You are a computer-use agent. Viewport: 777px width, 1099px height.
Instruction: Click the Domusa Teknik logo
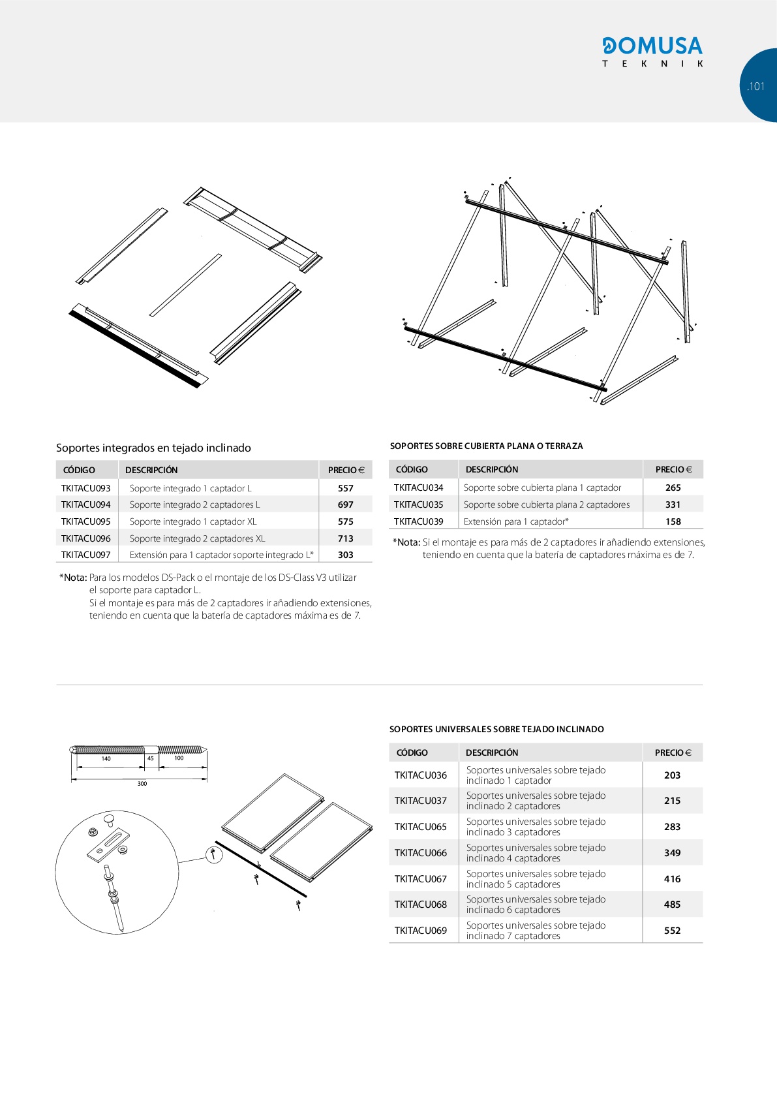click(x=652, y=52)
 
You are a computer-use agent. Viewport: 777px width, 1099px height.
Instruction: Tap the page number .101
click(x=755, y=86)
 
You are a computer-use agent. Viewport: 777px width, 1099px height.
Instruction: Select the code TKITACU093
click(x=86, y=488)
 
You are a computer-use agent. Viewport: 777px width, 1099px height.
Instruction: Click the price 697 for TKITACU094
click(x=346, y=504)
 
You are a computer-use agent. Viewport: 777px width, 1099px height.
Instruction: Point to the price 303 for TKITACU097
click(x=346, y=555)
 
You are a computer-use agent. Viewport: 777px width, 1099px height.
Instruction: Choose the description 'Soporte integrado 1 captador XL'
click(x=193, y=521)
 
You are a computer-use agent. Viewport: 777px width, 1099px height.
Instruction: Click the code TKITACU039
click(x=419, y=521)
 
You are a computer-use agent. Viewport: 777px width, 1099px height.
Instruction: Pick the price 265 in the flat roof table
click(x=673, y=488)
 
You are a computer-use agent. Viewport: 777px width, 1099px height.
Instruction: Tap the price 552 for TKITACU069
click(x=673, y=931)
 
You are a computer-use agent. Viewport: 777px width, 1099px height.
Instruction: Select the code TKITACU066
click(x=421, y=853)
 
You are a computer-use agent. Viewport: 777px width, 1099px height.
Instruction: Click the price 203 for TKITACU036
click(x=673, y=775)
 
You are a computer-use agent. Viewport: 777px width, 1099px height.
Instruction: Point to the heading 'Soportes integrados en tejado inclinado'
click(x=153, y=448)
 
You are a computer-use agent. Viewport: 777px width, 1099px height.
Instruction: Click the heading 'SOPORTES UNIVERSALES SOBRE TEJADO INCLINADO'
click(x=496, y=729)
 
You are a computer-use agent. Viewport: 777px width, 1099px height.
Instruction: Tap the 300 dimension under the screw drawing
click(x=142, y=783)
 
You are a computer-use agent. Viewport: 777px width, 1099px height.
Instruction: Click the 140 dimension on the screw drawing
click(x=106, y=759)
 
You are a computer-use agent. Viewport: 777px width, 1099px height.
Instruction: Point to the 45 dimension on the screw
click(x=151, y=758)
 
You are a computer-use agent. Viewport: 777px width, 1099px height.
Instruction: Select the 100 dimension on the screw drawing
click(x=179, y=758)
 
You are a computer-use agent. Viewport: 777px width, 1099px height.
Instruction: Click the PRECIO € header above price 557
click(x=346, y=470)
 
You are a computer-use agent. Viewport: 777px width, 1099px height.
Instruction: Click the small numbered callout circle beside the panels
click(x=214, y=854)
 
